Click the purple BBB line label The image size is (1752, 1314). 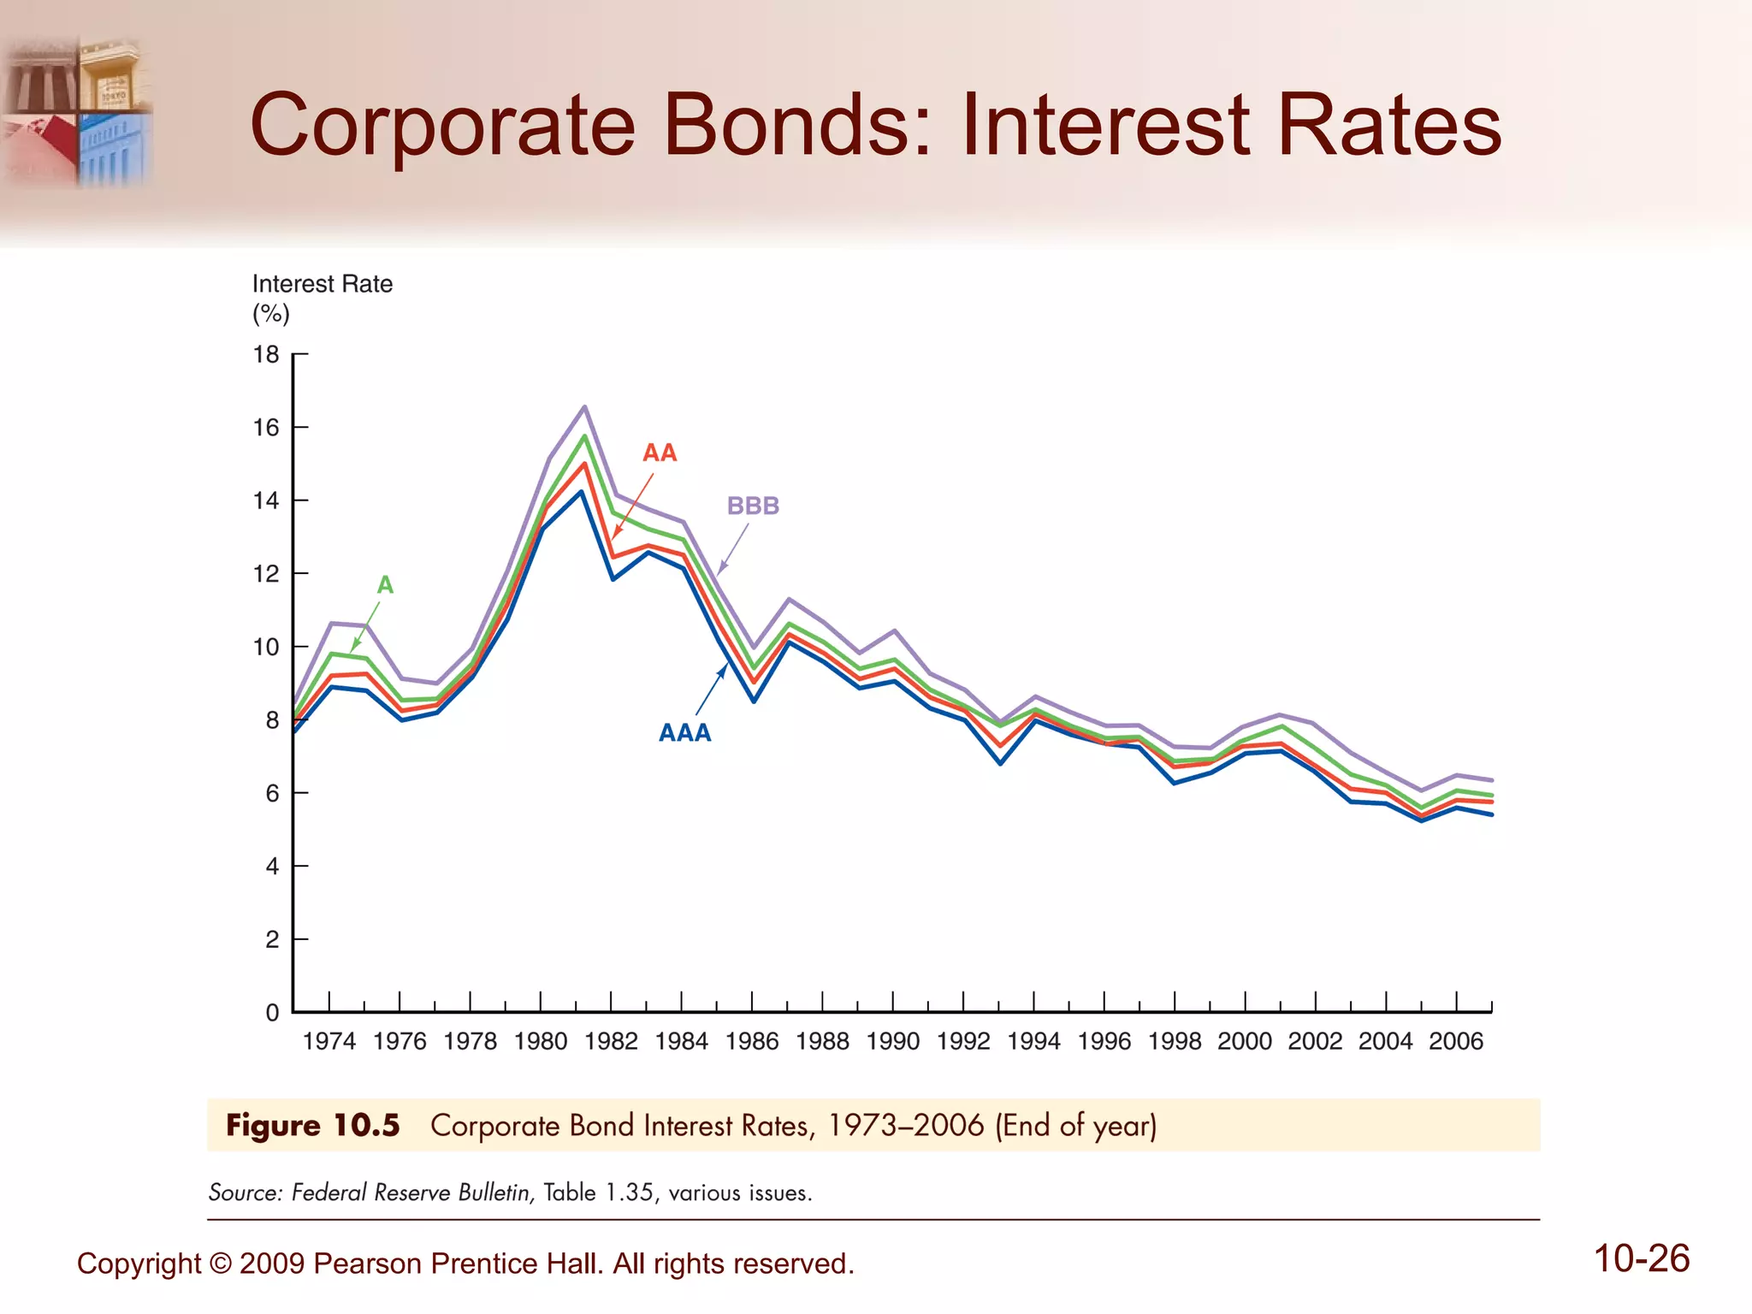click(753, 506)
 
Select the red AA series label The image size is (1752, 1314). click(660, 453)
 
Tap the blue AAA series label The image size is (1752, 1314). click(684, 732)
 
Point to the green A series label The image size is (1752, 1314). click(385, 585)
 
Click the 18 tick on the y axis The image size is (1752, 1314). click(266, 354)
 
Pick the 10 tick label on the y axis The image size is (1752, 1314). click(266, 647)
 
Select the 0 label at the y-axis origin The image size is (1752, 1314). click(272, 1012)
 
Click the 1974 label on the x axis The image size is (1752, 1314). click(329, 1041)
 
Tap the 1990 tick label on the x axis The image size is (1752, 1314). click(893, 1041)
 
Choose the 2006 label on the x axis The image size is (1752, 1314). click(1456, 1041)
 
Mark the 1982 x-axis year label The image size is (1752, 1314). click(611, 1041)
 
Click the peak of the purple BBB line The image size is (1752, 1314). click(584, 406)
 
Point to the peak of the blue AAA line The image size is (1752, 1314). click(582, 491)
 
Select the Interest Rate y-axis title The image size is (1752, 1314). click(322, 284)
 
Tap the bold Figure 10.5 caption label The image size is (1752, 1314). click(313, 1125)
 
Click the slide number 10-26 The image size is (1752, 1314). click(1642, 1258)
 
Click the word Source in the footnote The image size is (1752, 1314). click(245, 1193)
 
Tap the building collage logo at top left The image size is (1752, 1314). click(79, 111)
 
